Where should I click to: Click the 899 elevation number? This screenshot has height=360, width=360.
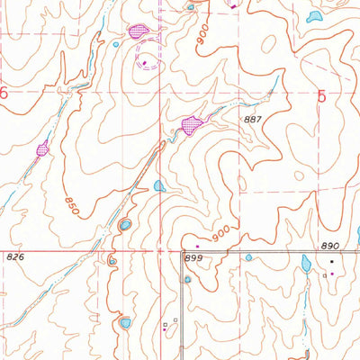point(192,258)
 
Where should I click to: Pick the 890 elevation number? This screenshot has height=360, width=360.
point(330,246)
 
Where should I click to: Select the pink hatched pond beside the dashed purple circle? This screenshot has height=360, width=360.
point(138,31)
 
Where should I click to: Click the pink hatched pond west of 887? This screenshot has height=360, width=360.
point(191,126)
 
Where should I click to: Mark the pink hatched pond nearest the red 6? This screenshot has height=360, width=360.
point(41,149)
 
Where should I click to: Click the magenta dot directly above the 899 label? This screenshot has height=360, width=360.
point(197,246)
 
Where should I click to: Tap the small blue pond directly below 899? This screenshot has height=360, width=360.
point(187,279)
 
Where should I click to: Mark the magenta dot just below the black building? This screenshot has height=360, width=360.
point(330,273)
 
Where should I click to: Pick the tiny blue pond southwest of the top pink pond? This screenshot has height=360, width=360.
point(115,43)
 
